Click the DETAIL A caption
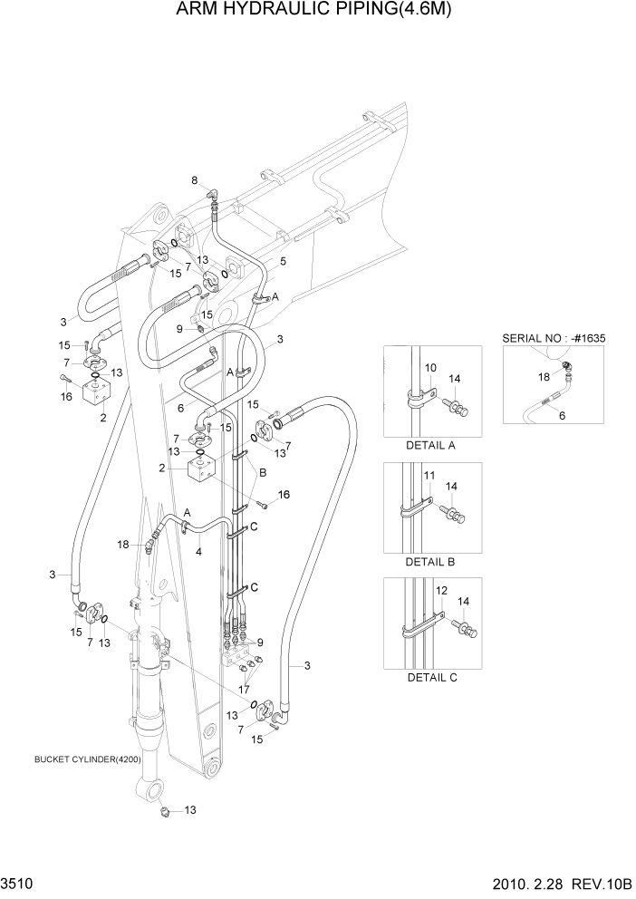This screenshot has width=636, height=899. click(430, 445)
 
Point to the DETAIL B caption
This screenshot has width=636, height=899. click(430, 561)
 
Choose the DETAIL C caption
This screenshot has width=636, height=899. click(430, 677)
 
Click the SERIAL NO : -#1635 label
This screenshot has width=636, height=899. click(553, 337)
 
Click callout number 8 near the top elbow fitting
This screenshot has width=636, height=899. click(194, 181)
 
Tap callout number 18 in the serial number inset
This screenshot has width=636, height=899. click(544, 374)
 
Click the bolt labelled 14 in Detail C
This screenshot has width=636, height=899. click(466, 625)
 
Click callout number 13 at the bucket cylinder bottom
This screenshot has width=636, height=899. click(190, 809)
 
